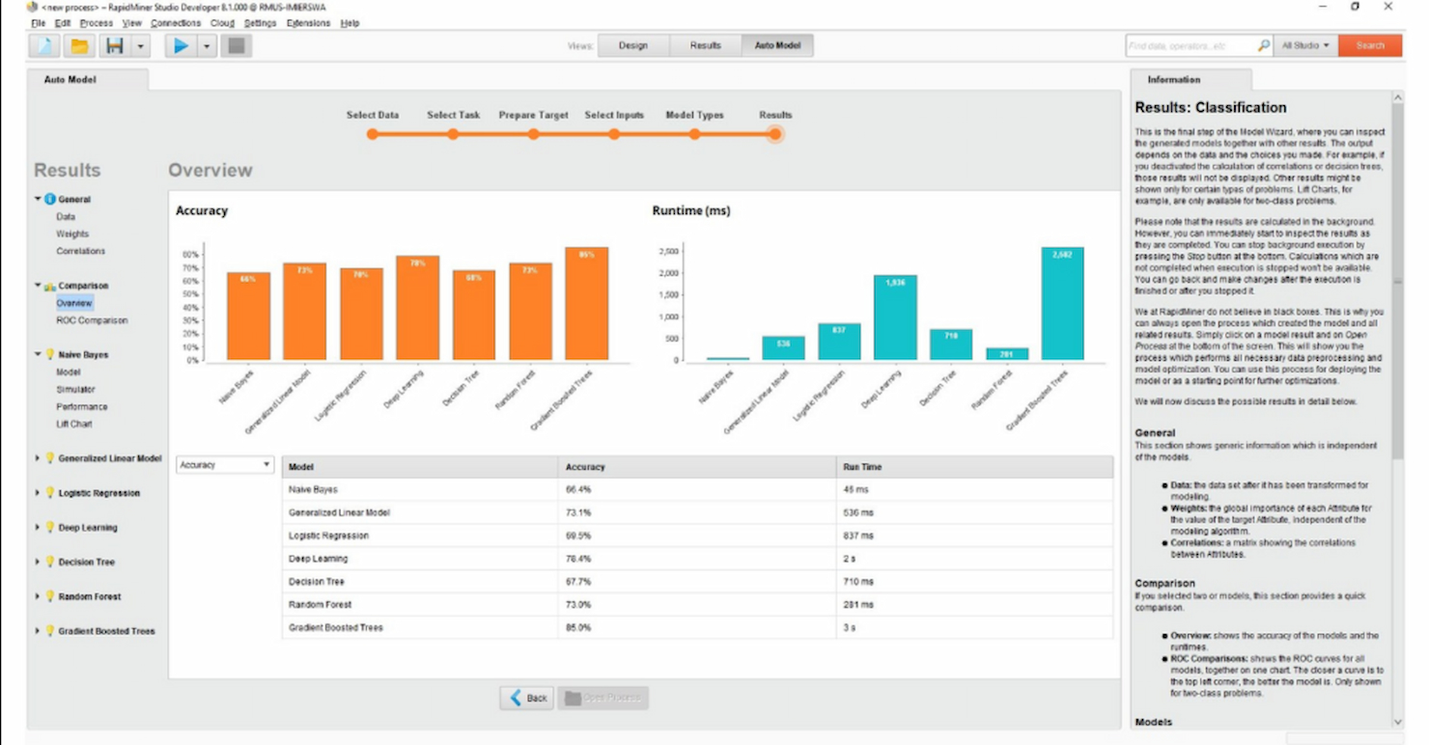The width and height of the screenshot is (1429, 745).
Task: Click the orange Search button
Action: [1370, 45]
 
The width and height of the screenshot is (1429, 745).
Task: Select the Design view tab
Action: [633, 45]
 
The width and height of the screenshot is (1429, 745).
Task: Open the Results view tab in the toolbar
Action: [705, 45]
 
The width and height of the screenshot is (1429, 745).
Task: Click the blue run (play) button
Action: [181, 45]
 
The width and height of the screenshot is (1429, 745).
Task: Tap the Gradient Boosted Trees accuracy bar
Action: [586, 304]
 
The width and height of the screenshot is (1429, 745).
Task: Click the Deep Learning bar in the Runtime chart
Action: [895, 318]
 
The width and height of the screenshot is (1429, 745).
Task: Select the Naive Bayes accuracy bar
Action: [248, 317]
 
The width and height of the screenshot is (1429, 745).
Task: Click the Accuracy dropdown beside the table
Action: [225, 465]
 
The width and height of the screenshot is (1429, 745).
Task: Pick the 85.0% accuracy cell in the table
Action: [578, 628]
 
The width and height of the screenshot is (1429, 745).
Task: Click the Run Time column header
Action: [862, 467]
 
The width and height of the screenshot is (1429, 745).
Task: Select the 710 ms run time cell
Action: [858, 582]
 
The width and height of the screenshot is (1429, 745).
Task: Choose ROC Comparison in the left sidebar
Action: [91, 320]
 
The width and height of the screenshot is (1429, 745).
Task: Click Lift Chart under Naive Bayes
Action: [74, 425]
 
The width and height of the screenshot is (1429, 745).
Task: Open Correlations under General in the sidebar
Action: [81, 251]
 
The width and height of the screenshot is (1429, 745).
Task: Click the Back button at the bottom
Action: [527, 698]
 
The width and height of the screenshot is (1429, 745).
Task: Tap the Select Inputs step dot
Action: [613, 134]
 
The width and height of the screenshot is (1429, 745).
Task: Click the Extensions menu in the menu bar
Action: [309, 23]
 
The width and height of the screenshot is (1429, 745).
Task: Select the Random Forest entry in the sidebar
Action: [90, 597]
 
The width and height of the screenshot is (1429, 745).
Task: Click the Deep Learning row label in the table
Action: [318, 559]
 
